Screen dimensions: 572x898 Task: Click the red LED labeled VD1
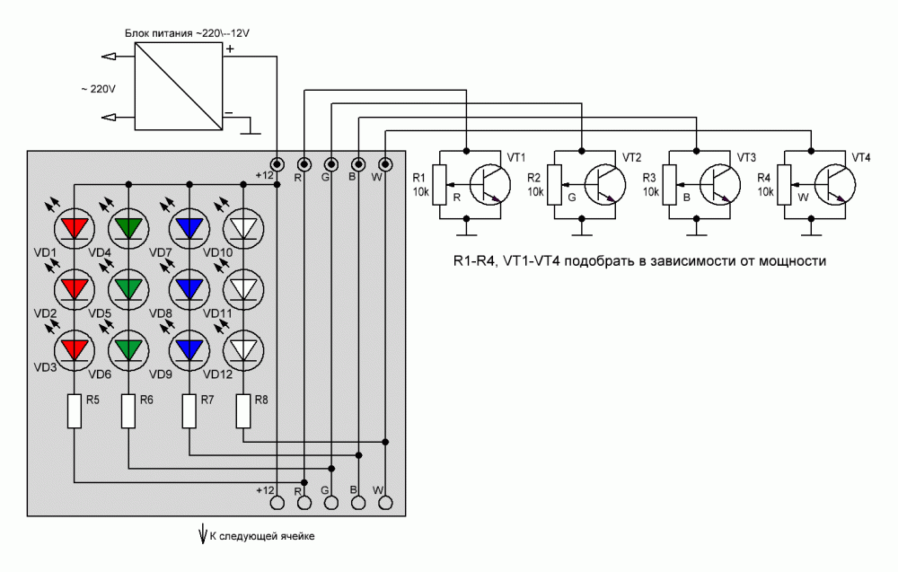point(75,227)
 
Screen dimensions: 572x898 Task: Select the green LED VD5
point(129,287)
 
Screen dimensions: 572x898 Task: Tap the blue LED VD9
point(189,347)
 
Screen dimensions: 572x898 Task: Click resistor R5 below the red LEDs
point(75,411)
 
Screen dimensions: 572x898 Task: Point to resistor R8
point(242,411)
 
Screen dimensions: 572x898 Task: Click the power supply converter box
point(177,86)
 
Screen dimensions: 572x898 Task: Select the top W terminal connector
point(385,164)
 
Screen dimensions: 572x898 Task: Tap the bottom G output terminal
point(331,504)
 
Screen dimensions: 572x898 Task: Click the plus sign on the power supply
point(230,49)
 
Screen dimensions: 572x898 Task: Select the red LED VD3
point(75,347)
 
